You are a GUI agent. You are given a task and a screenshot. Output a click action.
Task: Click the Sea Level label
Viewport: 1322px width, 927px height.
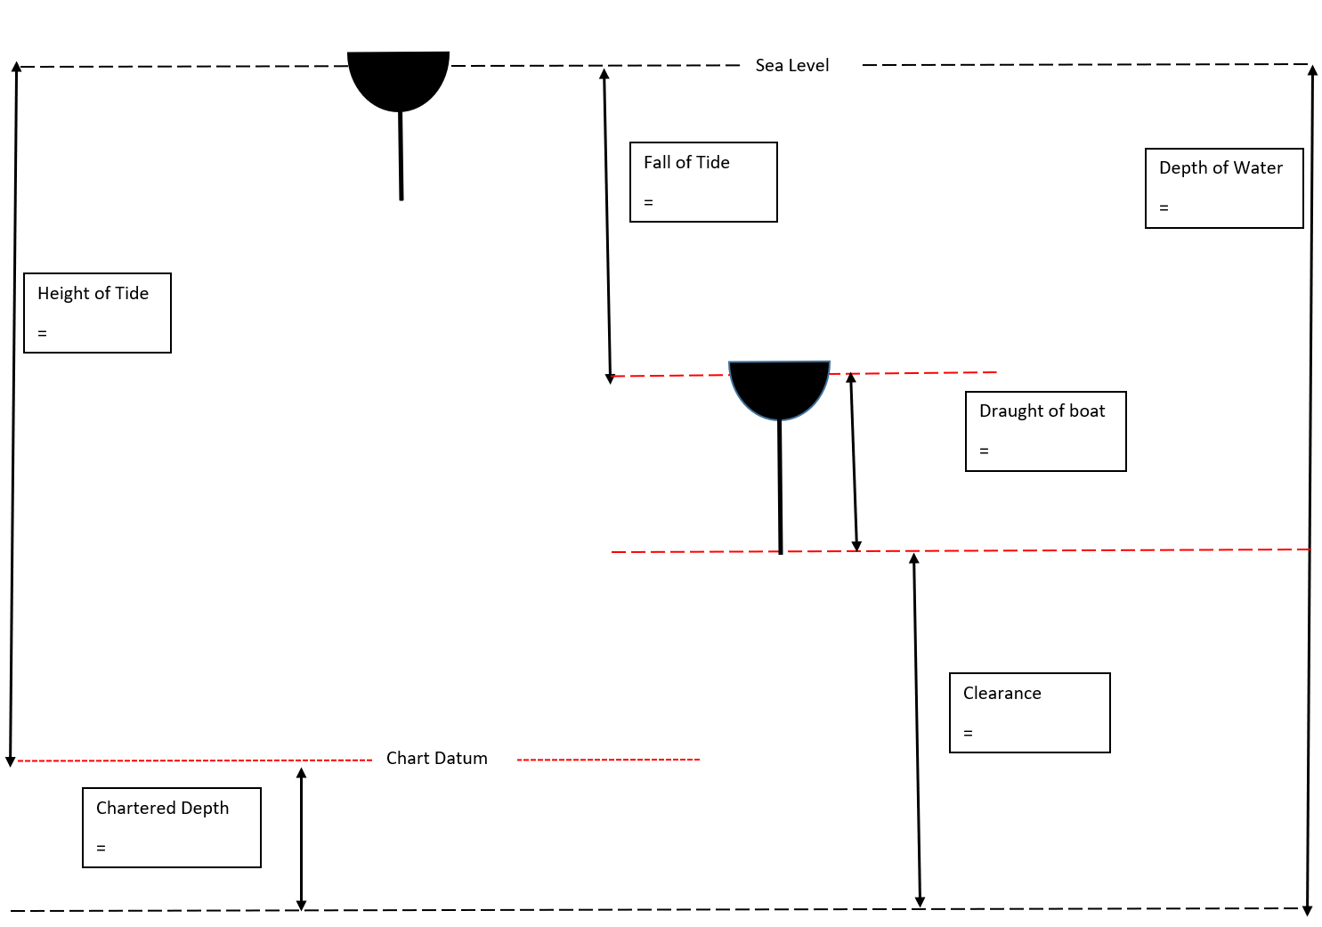pyautogui.click(x=791, y=65)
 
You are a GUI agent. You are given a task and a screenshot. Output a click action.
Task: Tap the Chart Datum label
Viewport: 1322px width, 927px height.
pyautogui.click(x=436, y=758)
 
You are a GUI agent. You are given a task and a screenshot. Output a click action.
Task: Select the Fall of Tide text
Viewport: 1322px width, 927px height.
pyautogui.click(x=686, y=162)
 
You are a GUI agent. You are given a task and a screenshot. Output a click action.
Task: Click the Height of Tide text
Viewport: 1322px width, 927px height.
pyautogui.click(x=93, y=293)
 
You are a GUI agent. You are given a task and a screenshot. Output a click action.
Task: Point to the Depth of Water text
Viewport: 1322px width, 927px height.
pyautogui.click(x=1221, y=167)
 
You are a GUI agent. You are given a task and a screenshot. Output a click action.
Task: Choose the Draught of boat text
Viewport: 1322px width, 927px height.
pyautogui.click(x=1042, y=411)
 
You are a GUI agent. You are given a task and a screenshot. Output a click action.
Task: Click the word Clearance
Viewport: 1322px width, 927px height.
pyautogui.click(x=1002, y=693)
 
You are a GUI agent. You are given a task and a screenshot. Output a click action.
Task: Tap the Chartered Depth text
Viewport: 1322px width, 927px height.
pyautogui.click(x=162, y=808)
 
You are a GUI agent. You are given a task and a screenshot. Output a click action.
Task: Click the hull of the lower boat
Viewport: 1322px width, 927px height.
pyautogui.click(x=779, y=386)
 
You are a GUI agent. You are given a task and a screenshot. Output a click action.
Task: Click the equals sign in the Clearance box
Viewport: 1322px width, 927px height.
pyautogui.click(x=968, y=734)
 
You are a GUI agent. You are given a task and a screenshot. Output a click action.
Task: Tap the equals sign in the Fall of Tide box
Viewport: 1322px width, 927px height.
pyautogui.click(x=648, y=203)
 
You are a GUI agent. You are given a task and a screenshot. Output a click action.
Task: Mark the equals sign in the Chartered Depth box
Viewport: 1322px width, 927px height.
pyautogui.click(x=101, y=849)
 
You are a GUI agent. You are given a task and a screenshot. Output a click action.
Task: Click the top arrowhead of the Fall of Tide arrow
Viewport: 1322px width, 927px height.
pyautogui.click(x=604, y=74)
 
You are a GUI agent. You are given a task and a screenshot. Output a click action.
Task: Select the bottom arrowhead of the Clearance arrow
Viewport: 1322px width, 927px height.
pyautogui.click(x=920, y=902)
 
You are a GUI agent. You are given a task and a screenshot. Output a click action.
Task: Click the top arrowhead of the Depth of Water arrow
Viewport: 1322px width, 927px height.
pyautogui.click(x=1312, y=70)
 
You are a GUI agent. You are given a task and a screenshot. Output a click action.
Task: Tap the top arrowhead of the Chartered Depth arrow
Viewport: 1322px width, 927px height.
pyautogui.click(x=301, y=773)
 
